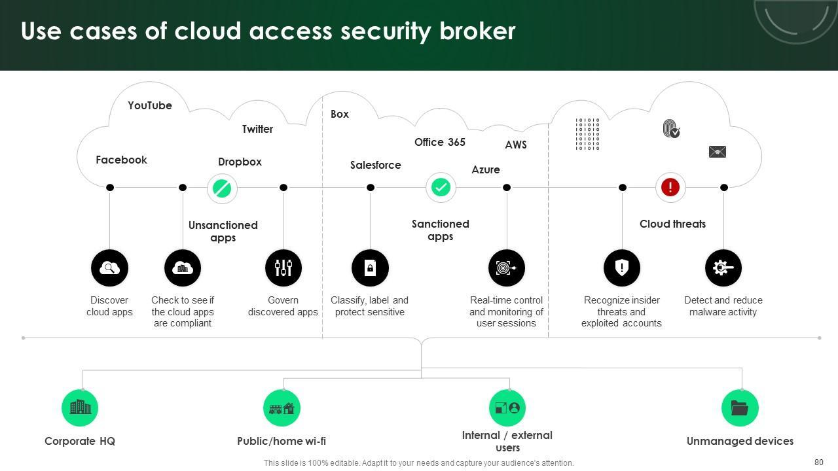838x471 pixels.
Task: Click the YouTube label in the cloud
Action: click(150, 105)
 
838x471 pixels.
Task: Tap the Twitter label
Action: click(257, 129)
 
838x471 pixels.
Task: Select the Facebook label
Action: click(121, 160)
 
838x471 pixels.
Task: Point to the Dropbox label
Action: click(240, 162)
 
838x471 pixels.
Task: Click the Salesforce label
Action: click(375, 165)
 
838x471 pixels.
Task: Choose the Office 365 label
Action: click(440, 142)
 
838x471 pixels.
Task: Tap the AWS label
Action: click(516, 145)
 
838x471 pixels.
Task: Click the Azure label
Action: click(486, 169)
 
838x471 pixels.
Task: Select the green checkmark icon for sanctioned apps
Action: click(441, 188)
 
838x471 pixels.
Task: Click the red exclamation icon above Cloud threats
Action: click(670, 188)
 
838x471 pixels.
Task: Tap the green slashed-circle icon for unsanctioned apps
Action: click(222, 188)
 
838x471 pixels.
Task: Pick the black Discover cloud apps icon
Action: click(109, 268)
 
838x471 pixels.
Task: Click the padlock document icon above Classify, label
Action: click(370, 268)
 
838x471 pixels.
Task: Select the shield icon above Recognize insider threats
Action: click(621, 268)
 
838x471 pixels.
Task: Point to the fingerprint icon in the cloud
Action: click(671, 128)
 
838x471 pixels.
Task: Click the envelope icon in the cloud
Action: click(718, 152)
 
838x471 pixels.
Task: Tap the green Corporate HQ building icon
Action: click(80, 408)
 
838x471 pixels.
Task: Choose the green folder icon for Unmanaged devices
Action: click(740, 408)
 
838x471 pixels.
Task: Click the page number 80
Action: click(818, 462)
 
